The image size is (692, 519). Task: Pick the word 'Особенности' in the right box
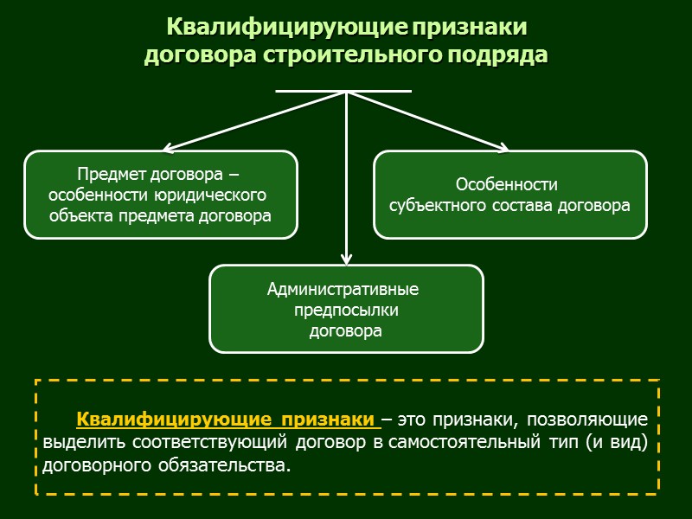(506, 185)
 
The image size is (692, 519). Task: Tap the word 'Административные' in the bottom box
(343, 289)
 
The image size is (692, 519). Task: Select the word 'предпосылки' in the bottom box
(346, 310)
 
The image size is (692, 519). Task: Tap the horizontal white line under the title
(343, 91)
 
